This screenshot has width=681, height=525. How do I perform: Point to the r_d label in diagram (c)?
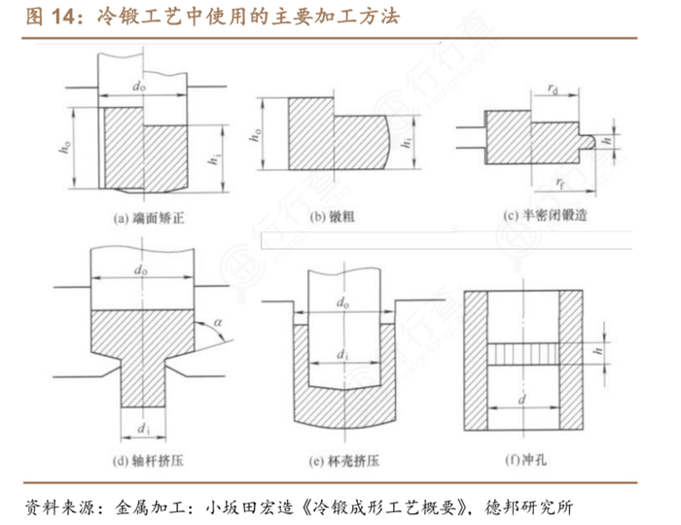click(551, 90)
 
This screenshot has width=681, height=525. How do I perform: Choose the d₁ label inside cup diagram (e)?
click(343, 356)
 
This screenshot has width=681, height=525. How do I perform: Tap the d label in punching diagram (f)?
click(525, 398)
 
